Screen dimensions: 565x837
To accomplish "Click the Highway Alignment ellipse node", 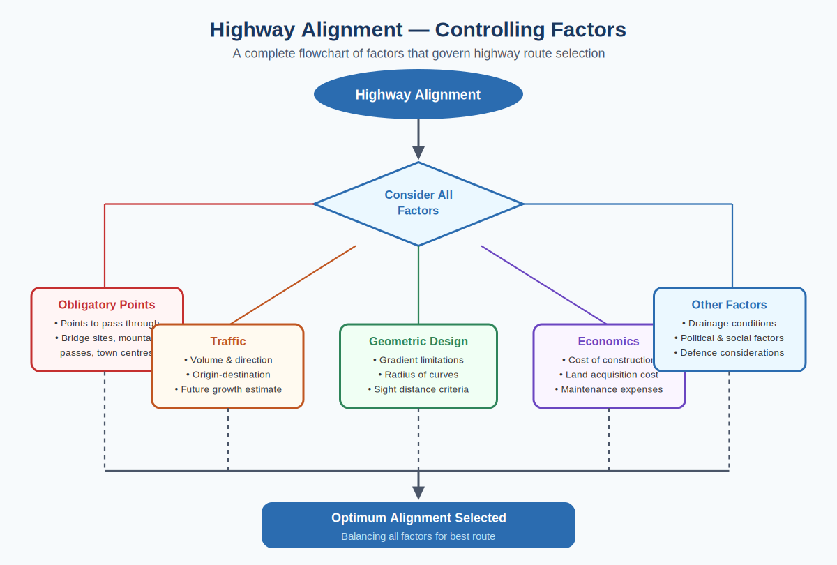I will [418, 95].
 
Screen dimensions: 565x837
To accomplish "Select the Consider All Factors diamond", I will [418, 203].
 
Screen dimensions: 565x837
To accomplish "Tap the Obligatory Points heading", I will [107, 305].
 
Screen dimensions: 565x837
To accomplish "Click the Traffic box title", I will [228, 341].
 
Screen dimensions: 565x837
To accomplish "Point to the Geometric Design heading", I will [418, 341].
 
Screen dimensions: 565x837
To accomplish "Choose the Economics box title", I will [608, 341].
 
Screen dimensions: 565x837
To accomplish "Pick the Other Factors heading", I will [729, 305].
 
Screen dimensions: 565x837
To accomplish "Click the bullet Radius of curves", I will [418, 375].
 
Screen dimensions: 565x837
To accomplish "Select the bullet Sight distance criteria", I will [418, 389].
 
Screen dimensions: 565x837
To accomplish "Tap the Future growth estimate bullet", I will [228, 389].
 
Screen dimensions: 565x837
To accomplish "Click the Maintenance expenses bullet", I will [609, 389].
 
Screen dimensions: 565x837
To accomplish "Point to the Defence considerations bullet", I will [729, 352].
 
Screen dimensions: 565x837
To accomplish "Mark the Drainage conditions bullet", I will [729, 323].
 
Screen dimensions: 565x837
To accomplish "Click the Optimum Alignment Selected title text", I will [418, 518].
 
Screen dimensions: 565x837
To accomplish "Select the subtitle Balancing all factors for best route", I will [418, 536].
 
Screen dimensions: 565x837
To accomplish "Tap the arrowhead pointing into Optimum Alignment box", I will [418, 492].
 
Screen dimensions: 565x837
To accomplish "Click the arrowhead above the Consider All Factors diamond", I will [418, 153].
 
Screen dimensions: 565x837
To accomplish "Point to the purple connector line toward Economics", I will [544, 285].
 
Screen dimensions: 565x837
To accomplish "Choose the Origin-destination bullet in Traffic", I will [228, 375].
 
